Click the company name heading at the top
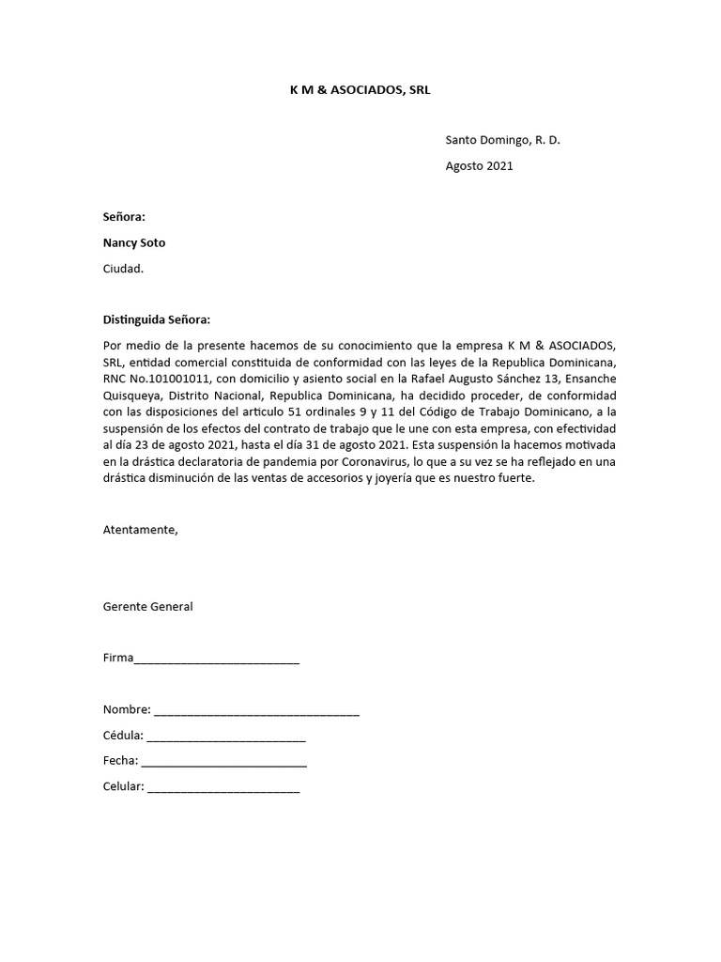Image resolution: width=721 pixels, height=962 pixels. coord(360,89)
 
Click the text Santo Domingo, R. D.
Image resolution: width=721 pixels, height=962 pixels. coord(502,140)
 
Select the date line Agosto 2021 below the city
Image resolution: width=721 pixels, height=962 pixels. coord(479,166)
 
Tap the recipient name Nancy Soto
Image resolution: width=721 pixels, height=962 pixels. coord(133,242)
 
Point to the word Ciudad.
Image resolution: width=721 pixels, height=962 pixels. coord(124,268)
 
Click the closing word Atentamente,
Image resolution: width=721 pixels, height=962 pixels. coord(140,529)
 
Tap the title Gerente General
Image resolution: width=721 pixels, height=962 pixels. coord(147,606)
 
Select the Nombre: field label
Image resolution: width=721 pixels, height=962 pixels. coord(126,710)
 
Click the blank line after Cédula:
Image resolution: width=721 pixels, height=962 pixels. coord(225,737)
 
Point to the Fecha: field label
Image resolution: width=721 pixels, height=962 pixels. coord(120,761)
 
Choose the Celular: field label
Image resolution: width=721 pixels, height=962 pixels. coord(123,786)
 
